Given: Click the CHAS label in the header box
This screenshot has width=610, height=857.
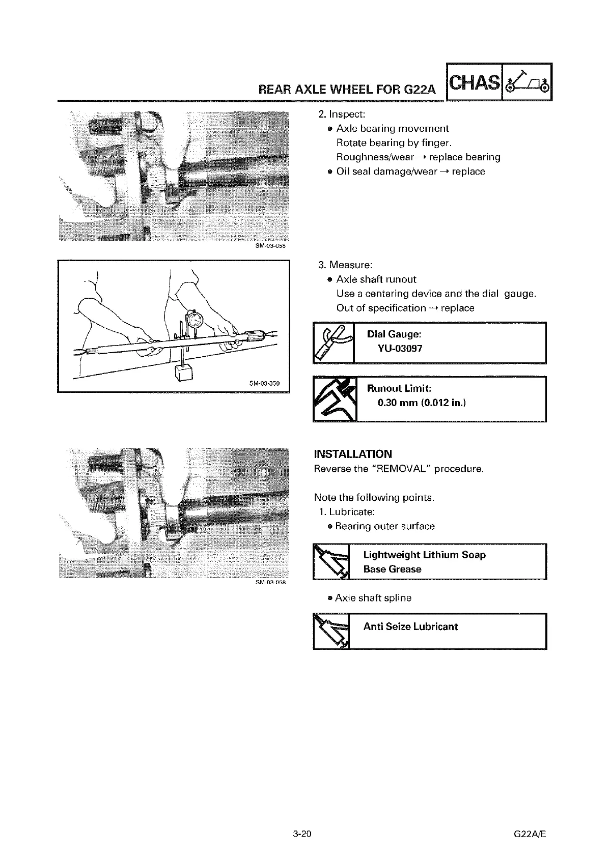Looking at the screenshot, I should [474, 82].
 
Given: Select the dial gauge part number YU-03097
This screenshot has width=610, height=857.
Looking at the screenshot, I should [400, 349].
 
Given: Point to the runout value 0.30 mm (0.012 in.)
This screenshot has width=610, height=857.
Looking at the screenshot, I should [422, 403].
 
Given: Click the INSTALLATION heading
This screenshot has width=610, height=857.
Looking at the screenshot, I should [353, 454].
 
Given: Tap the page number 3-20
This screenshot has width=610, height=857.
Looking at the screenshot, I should [302, 834].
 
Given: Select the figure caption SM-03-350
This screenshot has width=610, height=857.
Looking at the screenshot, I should [264, 383].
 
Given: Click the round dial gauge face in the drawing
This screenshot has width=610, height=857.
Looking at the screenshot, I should [195, 320].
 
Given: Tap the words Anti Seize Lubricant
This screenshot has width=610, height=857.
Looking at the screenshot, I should [410, 626].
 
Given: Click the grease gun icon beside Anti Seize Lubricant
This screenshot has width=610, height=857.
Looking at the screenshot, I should [331, 631].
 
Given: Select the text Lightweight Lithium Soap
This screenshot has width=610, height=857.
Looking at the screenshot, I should [424, 555].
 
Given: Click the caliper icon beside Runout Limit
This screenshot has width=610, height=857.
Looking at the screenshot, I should [334, 399].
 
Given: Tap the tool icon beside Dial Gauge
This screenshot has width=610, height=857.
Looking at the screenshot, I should [333, 342].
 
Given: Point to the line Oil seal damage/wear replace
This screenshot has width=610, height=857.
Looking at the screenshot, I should [410, 172].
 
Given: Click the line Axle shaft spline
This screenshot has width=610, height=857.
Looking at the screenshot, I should [373, 598].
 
